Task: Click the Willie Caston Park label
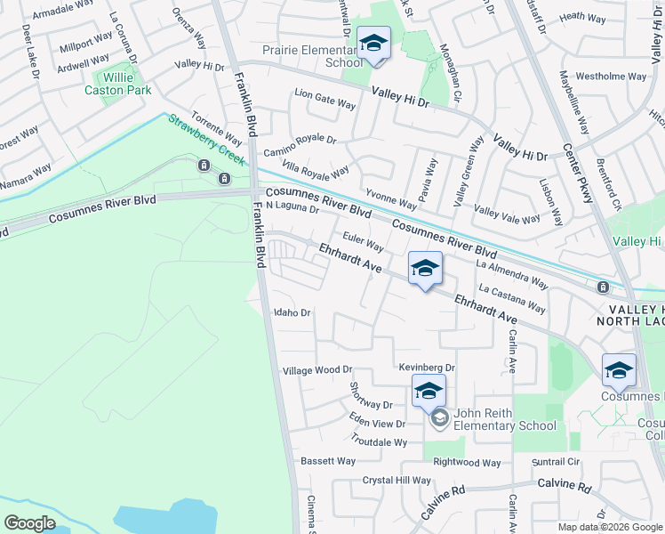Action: tap(117, 84)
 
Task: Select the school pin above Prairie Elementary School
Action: tap(373, 44)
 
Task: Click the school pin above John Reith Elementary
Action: tap(429, 391)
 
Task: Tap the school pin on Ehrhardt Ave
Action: tap(425, 269)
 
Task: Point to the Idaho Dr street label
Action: tap(292, 312)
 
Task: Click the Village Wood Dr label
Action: tap(317, 369)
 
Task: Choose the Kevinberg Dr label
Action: tap(427, 367)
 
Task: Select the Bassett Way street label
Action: tap(328, 461)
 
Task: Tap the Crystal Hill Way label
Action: tap(397, 480)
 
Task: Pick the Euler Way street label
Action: tap(363, 242)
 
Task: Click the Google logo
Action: tap(30, 522)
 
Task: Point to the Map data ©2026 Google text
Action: tap(609, 527)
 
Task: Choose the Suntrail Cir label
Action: tap(555, 462)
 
